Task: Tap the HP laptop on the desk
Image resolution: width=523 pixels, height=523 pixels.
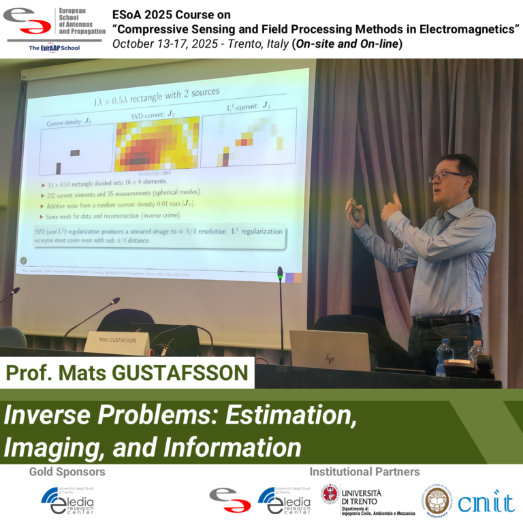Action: click(330, 350)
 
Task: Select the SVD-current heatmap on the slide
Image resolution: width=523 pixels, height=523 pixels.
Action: click(157, 143)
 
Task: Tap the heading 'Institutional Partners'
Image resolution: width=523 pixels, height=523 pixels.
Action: click(364, 471)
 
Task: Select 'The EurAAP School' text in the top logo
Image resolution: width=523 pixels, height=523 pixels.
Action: click(54, 49)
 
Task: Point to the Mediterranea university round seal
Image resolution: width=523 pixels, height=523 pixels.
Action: click(435, 501)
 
